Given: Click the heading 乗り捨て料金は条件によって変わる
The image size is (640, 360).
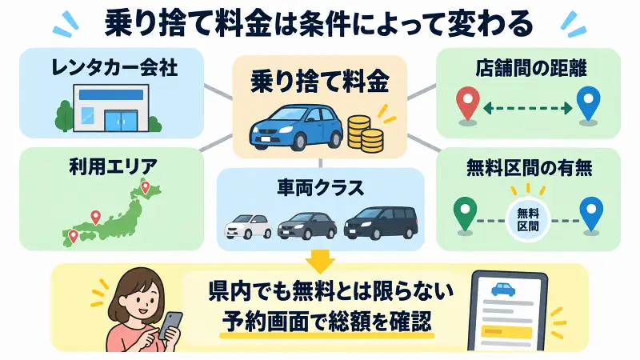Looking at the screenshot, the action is (x=318, y=23).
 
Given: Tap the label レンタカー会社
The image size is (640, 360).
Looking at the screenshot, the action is (x=114, y=67).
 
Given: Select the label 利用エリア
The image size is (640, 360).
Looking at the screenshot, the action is (x=113, y=166).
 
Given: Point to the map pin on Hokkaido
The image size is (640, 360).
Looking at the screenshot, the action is (x=146, y=187).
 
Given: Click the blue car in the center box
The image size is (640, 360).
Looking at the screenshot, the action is (x=296, y=127).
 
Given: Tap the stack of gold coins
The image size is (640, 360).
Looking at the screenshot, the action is (x=366, y=134).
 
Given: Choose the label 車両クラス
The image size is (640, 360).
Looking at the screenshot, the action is (x=321, y=188).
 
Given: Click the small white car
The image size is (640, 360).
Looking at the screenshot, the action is (x=248, y=226).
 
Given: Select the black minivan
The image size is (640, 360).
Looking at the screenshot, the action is (x=381, y=223).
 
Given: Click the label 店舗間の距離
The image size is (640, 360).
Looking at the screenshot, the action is (x=530, y=68).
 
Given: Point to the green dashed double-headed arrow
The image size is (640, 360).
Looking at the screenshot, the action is (x=528, y=108).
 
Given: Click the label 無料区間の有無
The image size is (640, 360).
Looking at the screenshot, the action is (x=529, y=167).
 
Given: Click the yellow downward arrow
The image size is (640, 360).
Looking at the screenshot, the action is (x=321, y=262).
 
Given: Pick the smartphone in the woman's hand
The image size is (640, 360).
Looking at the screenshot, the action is (x=170, y=326).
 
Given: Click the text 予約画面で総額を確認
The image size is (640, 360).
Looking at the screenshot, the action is (x=326, y=321).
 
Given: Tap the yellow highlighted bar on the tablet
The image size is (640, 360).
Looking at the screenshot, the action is (x=506, y=332).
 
